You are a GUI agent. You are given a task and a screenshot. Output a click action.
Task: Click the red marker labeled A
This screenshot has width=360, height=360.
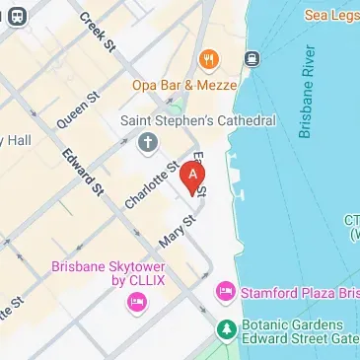click(x=195, y=175)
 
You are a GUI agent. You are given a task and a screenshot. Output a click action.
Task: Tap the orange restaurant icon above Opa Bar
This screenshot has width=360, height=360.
click(x=208, y=59)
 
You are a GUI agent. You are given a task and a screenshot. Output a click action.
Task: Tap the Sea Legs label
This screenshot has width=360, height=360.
click(x=330, y=16)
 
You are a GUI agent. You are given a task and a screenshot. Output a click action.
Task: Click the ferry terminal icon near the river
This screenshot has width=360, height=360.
click(x=252, y=58)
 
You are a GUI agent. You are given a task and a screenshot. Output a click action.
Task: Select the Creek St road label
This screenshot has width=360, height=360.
click(x=98, y=32)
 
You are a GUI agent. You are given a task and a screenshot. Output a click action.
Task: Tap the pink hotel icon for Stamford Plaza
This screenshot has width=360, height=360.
click(x=225, y=292)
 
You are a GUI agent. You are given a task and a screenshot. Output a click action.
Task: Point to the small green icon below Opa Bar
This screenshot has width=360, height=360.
click(x=182, y=99)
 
